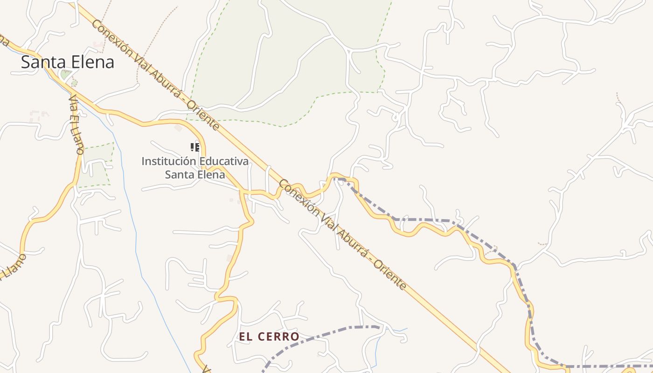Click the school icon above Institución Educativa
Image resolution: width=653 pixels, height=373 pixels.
[x=195, y=147]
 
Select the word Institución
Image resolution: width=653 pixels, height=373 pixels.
[x=168, y=161]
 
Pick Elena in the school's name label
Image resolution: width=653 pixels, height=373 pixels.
[x=209, y=175]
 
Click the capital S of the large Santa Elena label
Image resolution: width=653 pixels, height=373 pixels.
[x=26, y=62]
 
